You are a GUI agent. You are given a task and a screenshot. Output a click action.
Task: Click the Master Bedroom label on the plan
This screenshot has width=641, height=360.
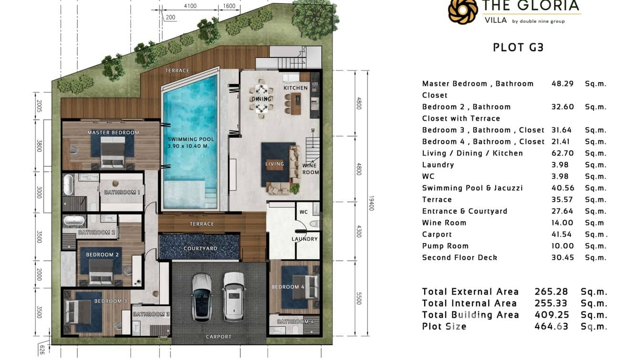point(113,133)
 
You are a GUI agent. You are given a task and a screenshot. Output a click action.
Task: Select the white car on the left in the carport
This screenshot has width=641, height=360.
point(202,297)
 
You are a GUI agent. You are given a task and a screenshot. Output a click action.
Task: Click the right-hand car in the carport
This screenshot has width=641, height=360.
point(234,296)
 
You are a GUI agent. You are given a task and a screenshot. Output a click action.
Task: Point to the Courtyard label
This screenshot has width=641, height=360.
point(201,249)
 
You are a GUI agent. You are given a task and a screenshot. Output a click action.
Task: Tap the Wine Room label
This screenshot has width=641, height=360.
point(310,169)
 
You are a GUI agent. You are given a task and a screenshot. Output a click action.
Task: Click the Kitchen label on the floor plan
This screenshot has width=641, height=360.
point(296,88)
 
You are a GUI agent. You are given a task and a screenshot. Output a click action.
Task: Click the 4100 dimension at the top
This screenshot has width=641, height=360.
point(190,6)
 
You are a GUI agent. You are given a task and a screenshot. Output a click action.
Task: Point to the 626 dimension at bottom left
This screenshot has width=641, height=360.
point(42,350)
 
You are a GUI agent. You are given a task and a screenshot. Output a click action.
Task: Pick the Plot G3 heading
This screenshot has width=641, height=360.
point(518,47)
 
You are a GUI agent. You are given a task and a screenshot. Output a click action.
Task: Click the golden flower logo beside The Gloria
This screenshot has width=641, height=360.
point(463,11)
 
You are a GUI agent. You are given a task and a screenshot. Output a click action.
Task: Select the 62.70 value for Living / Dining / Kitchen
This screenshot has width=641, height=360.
point(563,153)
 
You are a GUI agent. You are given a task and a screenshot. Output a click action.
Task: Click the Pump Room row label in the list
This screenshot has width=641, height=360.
point(445,246)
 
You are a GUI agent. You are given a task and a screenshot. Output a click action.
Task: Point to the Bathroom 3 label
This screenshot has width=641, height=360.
point(151,314)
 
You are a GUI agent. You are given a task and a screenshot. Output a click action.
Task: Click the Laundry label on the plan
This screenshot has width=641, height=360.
point(305,239)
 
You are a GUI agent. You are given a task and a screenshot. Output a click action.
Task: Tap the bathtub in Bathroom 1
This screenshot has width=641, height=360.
point(69,184)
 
